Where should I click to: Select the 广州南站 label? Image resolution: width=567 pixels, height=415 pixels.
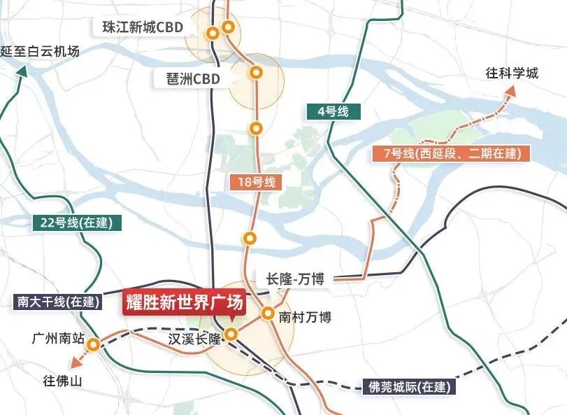[x=58, y=339]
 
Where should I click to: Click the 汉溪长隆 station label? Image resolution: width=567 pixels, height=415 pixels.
[x=194, y=339]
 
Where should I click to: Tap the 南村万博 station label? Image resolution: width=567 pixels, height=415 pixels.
[x=305, y=317]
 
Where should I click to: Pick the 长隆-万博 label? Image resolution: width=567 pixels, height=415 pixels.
[x=295, y=279]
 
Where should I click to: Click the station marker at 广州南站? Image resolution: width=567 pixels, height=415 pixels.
[x=92, y=344]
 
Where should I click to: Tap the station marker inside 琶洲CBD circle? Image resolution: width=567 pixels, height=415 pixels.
[x=257, y=71]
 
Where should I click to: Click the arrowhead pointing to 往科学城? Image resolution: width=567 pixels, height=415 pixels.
[x=511, y=92]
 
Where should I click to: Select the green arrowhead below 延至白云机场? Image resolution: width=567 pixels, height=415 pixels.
[x=22, y=71]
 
